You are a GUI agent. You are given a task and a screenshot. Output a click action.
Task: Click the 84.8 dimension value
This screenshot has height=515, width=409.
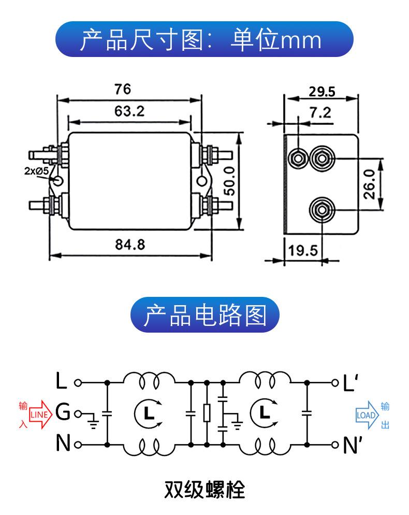tap(130, 245)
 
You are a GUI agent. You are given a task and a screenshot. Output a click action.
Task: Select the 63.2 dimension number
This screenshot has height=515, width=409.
tap(129, 111)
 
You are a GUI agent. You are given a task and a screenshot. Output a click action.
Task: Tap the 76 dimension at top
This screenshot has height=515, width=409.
tap(123, 89)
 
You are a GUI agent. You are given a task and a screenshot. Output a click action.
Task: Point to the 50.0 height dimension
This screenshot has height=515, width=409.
tap(230, 180)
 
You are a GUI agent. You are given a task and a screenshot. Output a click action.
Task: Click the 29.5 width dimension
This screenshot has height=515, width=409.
tap(322, 92)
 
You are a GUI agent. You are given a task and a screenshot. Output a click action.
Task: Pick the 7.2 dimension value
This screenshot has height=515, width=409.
tap(320, 112)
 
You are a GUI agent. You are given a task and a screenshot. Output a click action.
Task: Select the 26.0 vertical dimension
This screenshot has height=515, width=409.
tap(369, 184)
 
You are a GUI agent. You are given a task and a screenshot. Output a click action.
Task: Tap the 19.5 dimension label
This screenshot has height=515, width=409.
tap(303, 251)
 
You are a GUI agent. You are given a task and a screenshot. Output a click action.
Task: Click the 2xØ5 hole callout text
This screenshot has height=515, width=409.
tap(36, 171)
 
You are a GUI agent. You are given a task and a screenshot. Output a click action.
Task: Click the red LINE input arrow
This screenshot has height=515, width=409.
tap(41, 414)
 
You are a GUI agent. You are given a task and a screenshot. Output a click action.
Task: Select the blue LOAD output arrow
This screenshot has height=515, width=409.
tap(367, 415)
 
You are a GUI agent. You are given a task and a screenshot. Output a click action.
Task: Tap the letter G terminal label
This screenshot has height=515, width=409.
tap(63, 412)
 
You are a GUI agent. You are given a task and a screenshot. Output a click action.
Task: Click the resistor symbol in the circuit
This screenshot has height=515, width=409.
tap(207, 413)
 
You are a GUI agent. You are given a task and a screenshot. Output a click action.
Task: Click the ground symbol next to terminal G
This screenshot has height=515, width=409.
tap(93, 421)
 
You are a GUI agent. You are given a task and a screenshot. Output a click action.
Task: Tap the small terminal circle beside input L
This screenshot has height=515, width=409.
tap(78, 383)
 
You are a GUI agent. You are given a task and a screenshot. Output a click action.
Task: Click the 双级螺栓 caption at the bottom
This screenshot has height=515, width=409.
tap(204, 490)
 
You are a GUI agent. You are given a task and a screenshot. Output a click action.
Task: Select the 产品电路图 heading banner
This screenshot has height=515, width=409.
tap(205, 314)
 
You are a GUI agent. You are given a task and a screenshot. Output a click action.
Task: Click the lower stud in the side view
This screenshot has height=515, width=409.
tap(322, 210)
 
